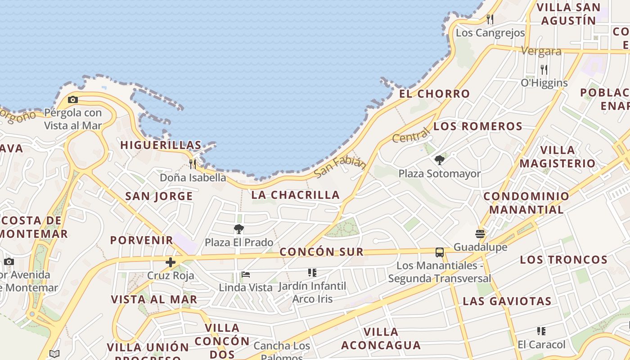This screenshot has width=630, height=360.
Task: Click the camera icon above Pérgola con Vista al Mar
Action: coord(73,100)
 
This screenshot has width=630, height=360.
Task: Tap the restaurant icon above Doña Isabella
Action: coord(193,164)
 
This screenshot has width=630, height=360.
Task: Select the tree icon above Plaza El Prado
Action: coord(239,229)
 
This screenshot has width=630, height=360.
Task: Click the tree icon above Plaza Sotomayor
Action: coord(440,160)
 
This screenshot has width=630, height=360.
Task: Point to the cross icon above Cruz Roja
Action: coord(171,262)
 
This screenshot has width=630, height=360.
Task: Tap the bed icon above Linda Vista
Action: coord(246,274)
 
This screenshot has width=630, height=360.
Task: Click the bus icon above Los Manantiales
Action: coord(440,252)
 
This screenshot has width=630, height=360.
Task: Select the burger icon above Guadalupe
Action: coord(480,234)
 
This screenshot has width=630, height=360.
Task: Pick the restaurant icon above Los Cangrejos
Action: coord(490,19)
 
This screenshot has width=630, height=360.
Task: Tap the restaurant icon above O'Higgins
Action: coord(544,70)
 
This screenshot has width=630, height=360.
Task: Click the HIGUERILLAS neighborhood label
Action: coord(161,145)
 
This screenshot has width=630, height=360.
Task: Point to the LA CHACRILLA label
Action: coord(295,195)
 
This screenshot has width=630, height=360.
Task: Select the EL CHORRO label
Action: coord(434,94)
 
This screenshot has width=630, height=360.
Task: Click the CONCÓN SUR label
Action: coord(321,252)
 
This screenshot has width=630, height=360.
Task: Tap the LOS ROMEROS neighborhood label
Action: coord(478,126)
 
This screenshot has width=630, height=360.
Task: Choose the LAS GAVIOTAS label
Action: coord(507,301)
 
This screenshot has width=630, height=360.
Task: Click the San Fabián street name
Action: coord(340,166)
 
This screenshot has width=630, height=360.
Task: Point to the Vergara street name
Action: coord(541,51)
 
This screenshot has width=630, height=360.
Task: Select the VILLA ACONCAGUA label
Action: coord(381,338)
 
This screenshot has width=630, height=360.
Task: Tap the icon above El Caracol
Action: coord(541,332)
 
